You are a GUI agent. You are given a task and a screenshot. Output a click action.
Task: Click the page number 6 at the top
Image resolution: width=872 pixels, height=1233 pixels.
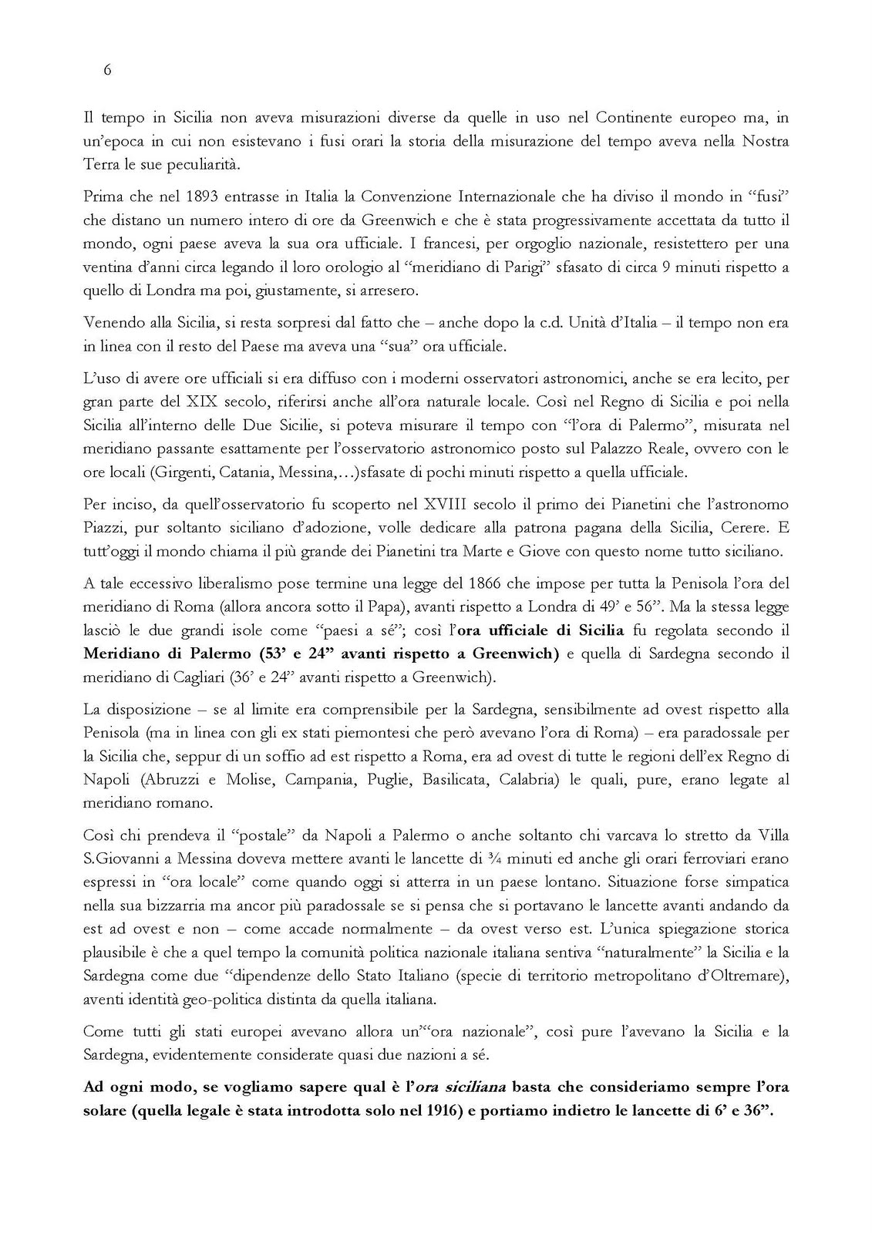pos(107,70)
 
